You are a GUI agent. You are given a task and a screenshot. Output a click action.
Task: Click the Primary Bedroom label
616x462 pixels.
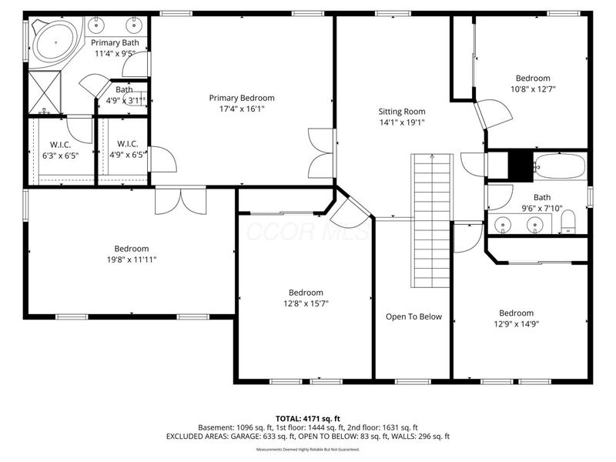(242, 98)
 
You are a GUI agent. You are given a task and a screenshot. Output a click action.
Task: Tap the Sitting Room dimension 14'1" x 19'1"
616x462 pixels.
(401, 122)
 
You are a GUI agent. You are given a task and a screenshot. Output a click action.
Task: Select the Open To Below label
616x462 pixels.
(413, 316)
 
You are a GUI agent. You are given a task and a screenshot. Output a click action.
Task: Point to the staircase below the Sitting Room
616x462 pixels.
(430, 219)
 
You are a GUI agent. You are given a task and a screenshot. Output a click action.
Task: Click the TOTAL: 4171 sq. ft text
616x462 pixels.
(307, 418)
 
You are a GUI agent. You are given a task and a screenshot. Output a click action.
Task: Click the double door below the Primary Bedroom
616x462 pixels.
(180, 201)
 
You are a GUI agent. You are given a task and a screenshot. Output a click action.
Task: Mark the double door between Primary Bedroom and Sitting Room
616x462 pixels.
(322, 152)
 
